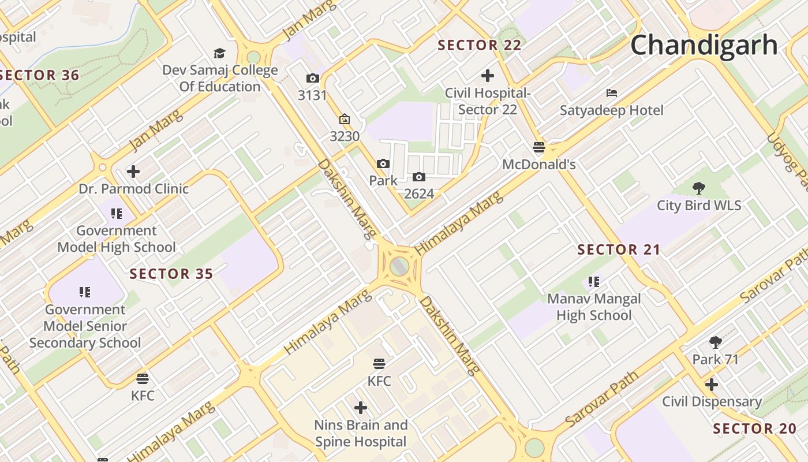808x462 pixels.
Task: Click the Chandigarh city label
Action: pos(704,45)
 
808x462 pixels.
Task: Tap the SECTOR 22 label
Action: pos(480,45)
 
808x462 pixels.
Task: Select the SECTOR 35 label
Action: pos(171,274)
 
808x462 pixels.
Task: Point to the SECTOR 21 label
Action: pos(619,249)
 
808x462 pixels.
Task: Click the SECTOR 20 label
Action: pos(754,429)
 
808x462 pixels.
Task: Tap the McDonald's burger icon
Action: pos(539,147)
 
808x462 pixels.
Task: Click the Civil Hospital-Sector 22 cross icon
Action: pos(488,75)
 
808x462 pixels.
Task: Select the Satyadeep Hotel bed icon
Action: pos(612,92)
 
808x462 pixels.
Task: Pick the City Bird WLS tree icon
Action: pos(699,188)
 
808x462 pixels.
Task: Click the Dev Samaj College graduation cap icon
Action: pos(219,54)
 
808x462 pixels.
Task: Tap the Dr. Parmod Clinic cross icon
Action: pos(133,172)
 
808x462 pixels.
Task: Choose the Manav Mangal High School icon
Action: pos(594,282)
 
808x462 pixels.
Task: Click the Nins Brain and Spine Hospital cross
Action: pos(361,408)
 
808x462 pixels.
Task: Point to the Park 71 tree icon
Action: pos(716,342)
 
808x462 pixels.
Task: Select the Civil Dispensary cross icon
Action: pos(712,384)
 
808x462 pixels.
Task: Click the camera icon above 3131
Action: pos(312,78)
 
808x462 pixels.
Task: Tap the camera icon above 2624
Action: pos(419,177)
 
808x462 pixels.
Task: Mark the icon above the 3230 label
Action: pos(345,120)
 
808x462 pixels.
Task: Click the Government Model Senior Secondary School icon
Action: pos(85,292)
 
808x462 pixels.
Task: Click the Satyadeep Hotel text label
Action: pos(612,110)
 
